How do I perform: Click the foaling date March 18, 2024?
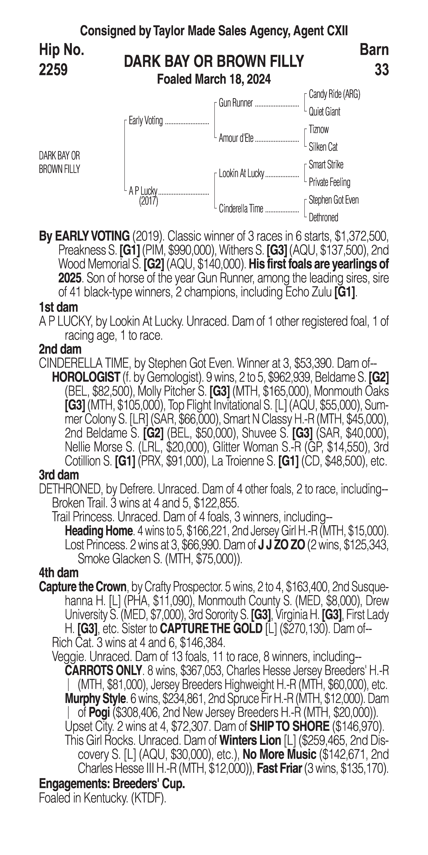coord(232,79)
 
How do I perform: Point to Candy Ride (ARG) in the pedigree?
coord(334,94)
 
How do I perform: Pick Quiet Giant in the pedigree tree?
coord(324,112)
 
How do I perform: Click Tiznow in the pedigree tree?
coord(319,129)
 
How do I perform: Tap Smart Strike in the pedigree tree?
coord(326,165)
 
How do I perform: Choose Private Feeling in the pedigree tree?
coord(329,182)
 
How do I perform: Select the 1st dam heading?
coord(58,307)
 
